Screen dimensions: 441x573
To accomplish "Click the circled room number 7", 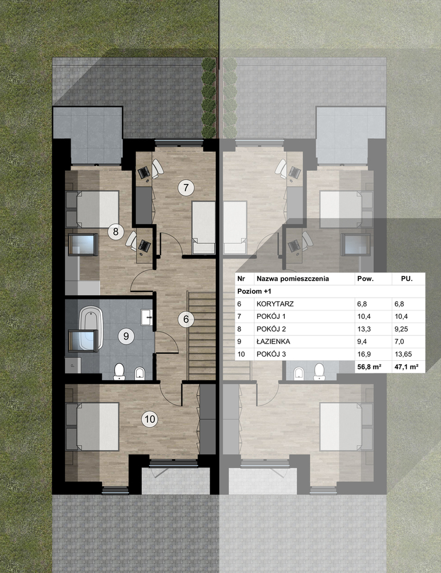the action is pyautogui.click(x=186, y=188).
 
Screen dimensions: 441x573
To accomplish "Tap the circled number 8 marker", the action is pyautogui.click(x=115, y=231).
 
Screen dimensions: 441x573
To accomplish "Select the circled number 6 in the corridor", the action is pyautogui.click(x=186, y=319).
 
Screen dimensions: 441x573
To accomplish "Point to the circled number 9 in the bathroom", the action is pyautogui.click(x=126, y=336).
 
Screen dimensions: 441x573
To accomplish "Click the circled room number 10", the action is pyautogui.click(x=150, y=419).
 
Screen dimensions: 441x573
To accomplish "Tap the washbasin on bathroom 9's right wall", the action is pyautogui.click(x=146, y=317).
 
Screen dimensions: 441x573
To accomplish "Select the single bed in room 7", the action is pyautogui.click(x=203, y=227).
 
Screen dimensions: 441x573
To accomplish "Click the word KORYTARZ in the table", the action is pyautogui.click(x=275, y=303).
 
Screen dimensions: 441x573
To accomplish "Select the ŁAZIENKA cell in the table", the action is pyautogui.click(x=273, y=341).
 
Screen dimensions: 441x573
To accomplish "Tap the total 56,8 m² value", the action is pyautogui.click(x=369, y=367).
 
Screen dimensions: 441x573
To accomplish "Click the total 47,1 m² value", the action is pyautogui.click(x=406, y=367).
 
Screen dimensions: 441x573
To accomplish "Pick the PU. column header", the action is pyautogui.click(x=407, y=278).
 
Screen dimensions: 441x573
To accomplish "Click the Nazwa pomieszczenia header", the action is pyautogui.click(x=293, y=278).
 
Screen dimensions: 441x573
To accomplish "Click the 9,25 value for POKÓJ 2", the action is pyautogui.click(x=401, y=329).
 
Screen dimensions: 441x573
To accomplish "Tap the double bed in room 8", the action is pyautogui.click(x=92, y=209).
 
